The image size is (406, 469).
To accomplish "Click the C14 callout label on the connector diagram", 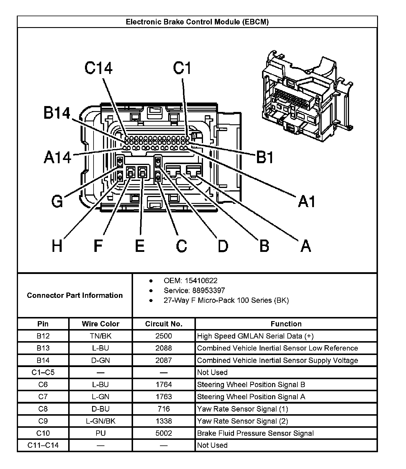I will tap(98, 68).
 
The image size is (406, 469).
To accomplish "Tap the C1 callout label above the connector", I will tap(182, 68).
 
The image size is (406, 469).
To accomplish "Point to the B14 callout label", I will tap(57, 113).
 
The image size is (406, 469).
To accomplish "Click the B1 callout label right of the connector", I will tap(265, 157).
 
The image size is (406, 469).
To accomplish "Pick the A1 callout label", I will tap(307, 202).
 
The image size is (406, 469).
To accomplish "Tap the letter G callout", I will tap(57, 202).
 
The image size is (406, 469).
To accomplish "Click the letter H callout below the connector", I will tap(57, 246).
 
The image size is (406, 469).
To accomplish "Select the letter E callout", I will tap(140, 246).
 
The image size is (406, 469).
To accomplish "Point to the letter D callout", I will tap(223, 246).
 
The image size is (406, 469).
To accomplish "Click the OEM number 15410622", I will tap(201, 281).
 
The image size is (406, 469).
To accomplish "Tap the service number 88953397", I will tap(208, 290).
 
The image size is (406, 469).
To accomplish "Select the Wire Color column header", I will tap(101, 324).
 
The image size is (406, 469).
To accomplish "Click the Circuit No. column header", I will tap(164, 324).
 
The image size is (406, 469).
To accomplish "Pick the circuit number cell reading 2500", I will tap(164, 336).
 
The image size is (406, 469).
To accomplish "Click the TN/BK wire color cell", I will tap(101, 336).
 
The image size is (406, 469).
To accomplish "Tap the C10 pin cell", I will tap(43, 433).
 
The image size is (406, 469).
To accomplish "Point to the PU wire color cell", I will tap(101, 433).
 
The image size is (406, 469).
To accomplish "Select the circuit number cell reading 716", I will tap(164, 409).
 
